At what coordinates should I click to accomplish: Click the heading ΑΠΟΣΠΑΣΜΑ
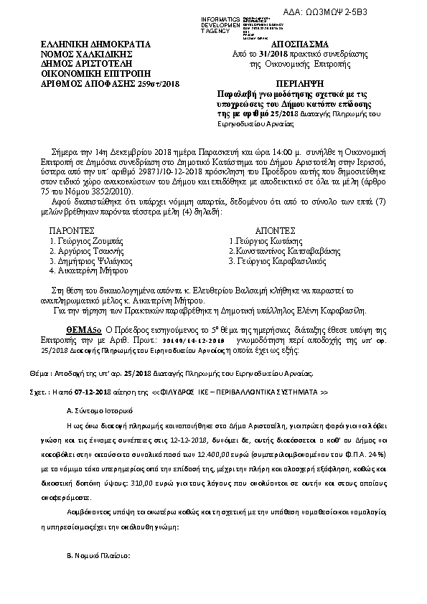[273, 44]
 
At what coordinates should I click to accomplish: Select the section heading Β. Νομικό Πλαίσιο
[97, 555]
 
